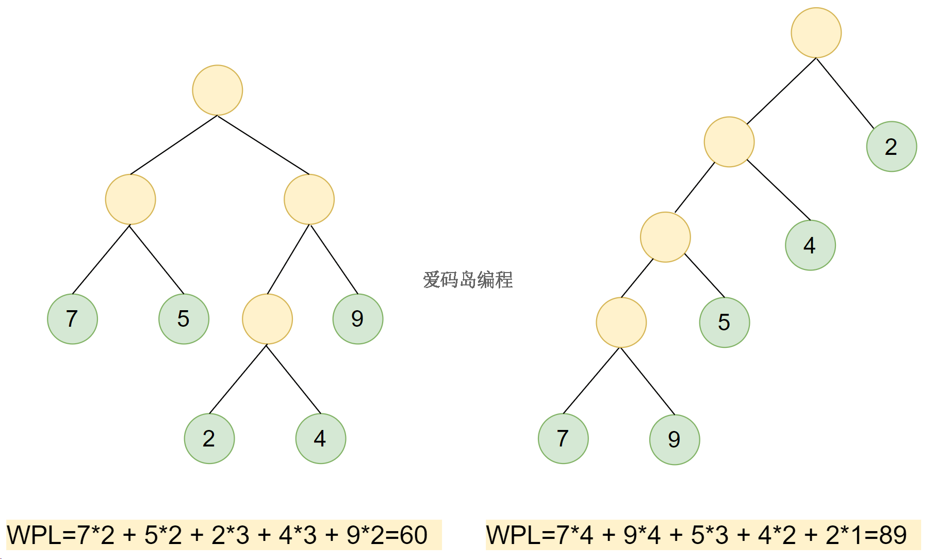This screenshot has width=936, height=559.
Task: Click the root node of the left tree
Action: click(217, 90)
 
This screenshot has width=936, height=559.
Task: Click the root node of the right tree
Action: click(816, 33)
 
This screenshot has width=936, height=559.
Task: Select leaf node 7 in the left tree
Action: click(72, 319)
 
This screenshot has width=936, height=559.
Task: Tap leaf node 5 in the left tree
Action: click(184, 319)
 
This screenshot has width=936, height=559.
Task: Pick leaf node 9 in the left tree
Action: click(357, 319)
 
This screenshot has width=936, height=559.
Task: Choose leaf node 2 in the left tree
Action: click(209, 439)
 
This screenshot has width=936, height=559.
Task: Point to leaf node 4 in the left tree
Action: click(320, 439)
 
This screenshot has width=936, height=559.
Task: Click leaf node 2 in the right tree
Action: click(891, 147)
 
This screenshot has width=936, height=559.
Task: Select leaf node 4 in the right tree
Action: click(810, 245)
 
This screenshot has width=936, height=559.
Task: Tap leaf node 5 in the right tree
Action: click(724, 322)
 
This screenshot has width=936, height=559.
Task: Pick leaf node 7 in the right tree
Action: click(563, 439)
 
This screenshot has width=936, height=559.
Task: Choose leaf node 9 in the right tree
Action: click(674, 439)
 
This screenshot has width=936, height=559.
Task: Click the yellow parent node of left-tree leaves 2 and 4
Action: click(267, 319)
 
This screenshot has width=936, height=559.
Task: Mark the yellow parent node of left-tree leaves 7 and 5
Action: click(130, 199)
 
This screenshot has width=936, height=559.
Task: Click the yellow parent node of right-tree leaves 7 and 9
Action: click(621, 323)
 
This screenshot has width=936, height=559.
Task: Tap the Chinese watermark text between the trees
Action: click(468, 280)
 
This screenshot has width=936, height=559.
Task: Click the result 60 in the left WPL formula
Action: click(413, 535)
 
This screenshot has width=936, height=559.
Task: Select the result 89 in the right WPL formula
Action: click(893, 535)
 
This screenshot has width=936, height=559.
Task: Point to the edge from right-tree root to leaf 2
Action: click(845, 93)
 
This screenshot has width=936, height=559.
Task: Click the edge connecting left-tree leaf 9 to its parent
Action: click(334, 259)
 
